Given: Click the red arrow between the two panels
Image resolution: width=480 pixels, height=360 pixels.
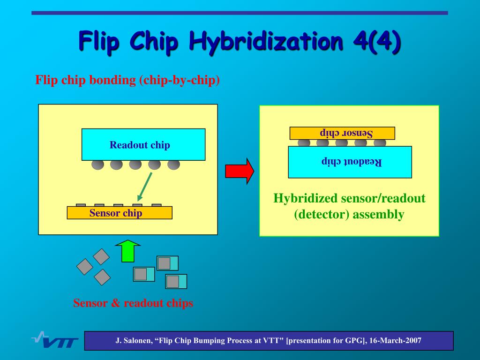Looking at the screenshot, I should tap(240, 171).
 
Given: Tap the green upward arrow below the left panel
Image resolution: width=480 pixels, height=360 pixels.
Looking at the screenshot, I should tap(128, 251).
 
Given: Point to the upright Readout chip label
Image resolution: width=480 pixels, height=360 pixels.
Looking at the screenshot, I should tap(140, 145).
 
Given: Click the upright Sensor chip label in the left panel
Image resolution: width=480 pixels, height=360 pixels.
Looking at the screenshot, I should tap(116, 213).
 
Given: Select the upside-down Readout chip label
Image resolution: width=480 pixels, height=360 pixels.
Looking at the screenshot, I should tap(352, 162).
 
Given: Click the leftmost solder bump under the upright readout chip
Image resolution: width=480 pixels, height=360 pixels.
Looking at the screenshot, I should tap(98, 165).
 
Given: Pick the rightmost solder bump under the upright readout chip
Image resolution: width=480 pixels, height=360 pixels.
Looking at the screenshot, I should tap(173, 165).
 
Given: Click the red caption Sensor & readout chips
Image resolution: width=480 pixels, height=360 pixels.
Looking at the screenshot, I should tap(133, 303).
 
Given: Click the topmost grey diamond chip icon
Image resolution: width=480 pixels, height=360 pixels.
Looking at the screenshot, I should tap(101, 256).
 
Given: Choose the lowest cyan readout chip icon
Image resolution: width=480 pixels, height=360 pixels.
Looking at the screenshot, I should tap(176, 281).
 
